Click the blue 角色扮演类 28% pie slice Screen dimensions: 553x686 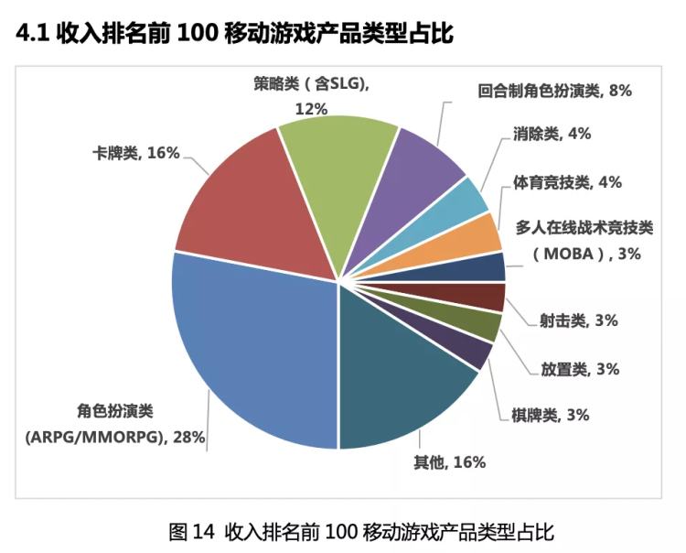tap(247, 357)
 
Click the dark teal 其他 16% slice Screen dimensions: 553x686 tap(402, 385)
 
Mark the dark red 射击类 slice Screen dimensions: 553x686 tap(489, 296)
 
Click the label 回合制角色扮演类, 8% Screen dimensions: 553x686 tap(555, 91)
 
